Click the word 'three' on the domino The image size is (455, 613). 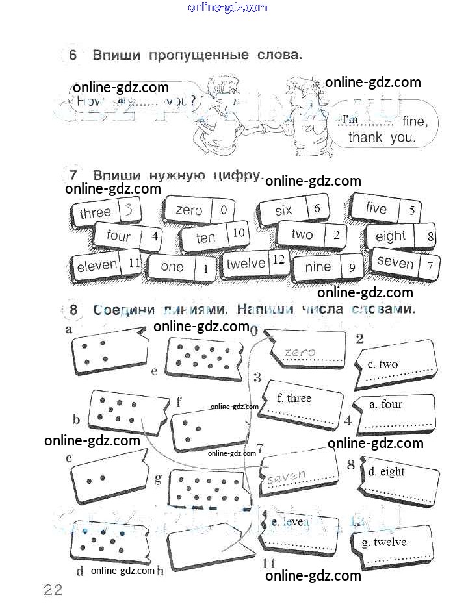[95, 213]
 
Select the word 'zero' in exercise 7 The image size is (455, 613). [189, 210]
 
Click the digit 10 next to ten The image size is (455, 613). [239, 233]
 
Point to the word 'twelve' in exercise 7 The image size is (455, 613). [245, 264]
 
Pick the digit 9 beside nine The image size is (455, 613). [352, 267]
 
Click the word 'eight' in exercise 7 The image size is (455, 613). [390, 236]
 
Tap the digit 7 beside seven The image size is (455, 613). [429, 266]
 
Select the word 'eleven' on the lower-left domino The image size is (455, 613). [97, 266]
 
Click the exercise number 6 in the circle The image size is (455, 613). [72, 55]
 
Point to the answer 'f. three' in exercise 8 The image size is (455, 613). [294, 398]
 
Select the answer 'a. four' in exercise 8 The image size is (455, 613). [385, 404]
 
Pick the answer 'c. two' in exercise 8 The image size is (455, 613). [383, 364]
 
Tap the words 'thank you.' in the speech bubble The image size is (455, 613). [381, 138]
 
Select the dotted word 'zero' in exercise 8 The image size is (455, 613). [300, 352]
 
